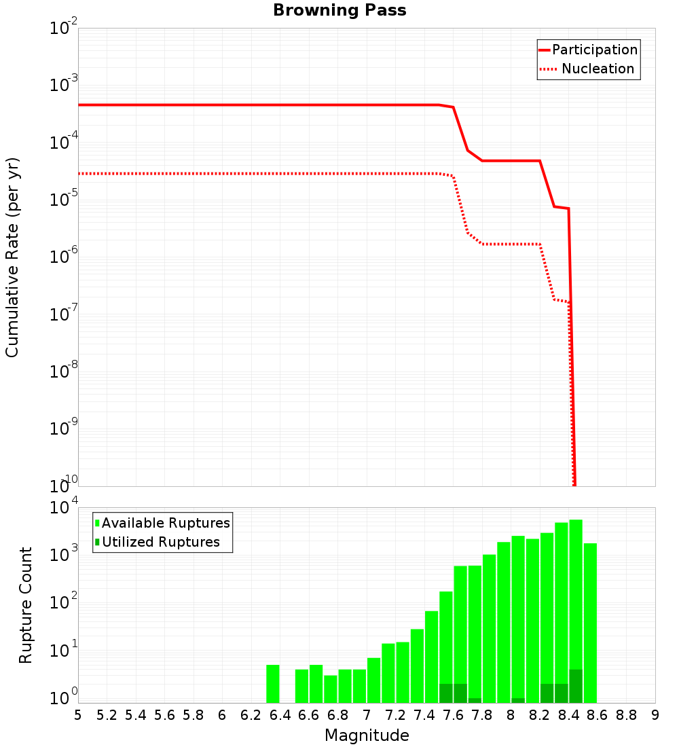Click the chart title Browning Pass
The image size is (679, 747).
tap(339, 10)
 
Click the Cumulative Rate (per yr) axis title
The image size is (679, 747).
tap(12, 257)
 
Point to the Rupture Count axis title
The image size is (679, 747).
tap(26, 605)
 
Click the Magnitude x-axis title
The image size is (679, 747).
tap(367, 735)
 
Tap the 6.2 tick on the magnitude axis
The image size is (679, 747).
tap(251, 715)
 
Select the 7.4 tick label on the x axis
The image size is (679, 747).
tap(424, 715)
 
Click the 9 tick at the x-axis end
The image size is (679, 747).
tap(655, 715)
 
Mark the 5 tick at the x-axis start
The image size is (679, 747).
tap(78, 715)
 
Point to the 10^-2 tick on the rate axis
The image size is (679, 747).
tap(64, 29)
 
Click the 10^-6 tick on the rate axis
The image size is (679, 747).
tap(64, 257)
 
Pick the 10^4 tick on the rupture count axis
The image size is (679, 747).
tap(64, 508)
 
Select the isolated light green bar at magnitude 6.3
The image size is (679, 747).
tap(273, 684)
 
